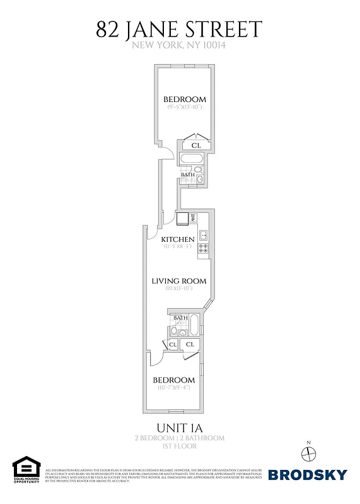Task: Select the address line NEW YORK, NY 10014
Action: tap(179, 45)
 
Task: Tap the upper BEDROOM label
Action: tap(185, 100)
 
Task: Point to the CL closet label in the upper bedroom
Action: tap(196, 146)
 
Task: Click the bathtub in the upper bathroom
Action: tap(190, 159)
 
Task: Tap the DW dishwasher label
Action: tap(193, 218)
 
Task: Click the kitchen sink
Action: tap(204, 236)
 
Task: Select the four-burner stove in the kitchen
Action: tap(204, 249)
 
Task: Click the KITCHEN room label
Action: tap(178, 239)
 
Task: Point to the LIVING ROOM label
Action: tap(179, 281)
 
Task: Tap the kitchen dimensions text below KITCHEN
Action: tap(178, 247)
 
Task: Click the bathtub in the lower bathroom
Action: tap(194, 326)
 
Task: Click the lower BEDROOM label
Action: tap(174, 380)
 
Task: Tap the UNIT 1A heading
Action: tap(179, 426)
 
